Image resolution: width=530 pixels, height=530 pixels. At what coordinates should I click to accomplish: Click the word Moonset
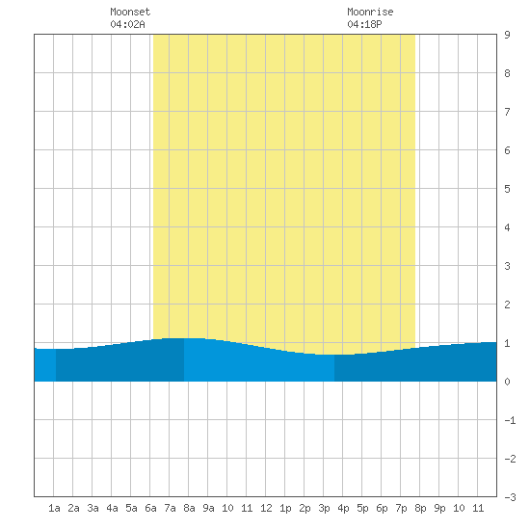(x=130, y=12)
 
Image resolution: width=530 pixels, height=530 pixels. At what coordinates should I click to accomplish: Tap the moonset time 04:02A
(x=127, y=24)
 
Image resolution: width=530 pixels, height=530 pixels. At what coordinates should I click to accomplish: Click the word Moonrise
(x=370, y=12)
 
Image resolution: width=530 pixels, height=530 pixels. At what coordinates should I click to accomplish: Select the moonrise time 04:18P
(x=364, y=24)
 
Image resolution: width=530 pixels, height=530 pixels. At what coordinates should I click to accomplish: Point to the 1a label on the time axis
(x=54, y=508)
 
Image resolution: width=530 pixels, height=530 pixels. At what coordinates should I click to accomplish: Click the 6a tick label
(x=150, y=508)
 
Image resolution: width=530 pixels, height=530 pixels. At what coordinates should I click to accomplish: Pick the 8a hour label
(x=189, y=508)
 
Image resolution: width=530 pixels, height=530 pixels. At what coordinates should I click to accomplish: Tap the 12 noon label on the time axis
(x=266, y=508)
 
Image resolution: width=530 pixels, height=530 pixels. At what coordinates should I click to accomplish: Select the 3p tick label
(x=324, y=508)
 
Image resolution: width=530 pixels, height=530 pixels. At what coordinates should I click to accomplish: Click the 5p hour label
(x=362, y=508)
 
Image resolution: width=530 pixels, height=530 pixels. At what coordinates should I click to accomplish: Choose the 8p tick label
(x=420, y=508)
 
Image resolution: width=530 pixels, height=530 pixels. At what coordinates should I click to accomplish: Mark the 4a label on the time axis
(x=112, y=508)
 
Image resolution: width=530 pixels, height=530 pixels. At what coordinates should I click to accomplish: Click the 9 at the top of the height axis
(x=507, y=35)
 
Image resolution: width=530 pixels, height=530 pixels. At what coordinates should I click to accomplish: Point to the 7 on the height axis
(x=507, y=112)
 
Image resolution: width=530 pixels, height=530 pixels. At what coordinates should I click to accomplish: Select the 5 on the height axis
(x=507, y=189)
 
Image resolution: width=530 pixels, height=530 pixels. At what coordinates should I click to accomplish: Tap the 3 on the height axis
(x=507, y=266)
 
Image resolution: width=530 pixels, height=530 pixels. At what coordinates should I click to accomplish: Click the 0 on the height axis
(x=507, y=382)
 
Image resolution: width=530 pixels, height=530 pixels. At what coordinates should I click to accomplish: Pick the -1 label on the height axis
(x=510, y=420)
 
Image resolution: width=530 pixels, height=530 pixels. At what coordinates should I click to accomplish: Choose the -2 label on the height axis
(x=510, y=459)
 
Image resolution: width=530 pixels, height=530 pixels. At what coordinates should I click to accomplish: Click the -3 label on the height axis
(x=510, y=497)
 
